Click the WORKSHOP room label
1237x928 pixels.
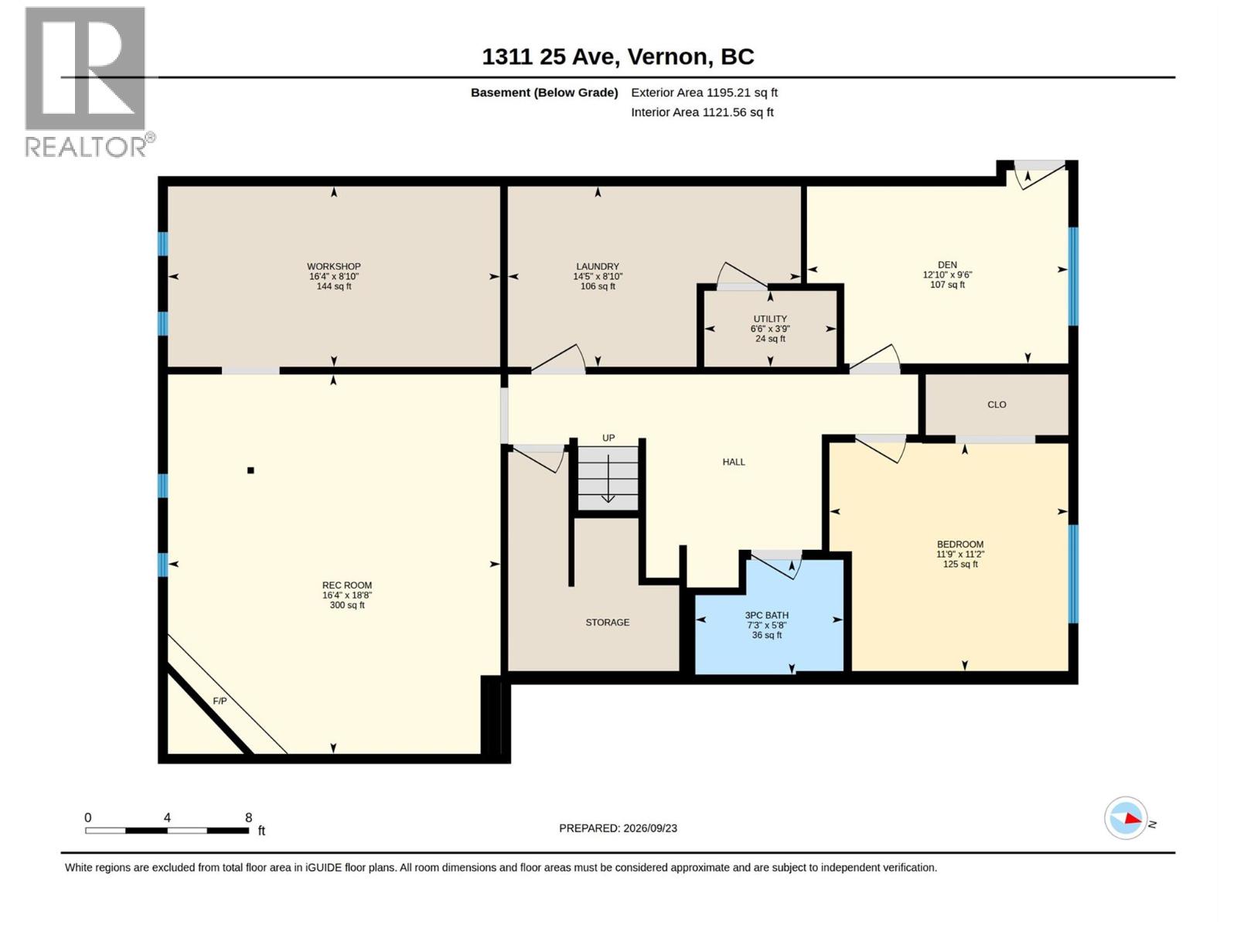[x=334, y=266]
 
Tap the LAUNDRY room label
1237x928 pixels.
[x=598, y=266]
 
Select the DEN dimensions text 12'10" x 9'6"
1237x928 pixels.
[x=947, y=275]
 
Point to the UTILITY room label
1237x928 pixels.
[x=770, y=319]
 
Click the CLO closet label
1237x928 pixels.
[x=997, y=404]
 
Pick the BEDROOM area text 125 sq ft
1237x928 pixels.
[x=960, y=564]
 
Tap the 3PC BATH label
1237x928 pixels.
[x=767, y=616]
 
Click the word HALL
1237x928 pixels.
[x=734, y=462]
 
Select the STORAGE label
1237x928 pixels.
[x=608, y=622]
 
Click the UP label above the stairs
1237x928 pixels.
[x=608, y=438]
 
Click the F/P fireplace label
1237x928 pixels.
[x=220, y=701]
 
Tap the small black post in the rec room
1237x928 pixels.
[x=250, y=470]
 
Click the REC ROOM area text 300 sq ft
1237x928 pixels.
[x=347, y=606]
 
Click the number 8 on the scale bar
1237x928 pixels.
[x=248, y=817]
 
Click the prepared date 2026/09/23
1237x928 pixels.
[x=650, y=828]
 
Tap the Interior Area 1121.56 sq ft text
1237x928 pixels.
[x=702, y=112]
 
